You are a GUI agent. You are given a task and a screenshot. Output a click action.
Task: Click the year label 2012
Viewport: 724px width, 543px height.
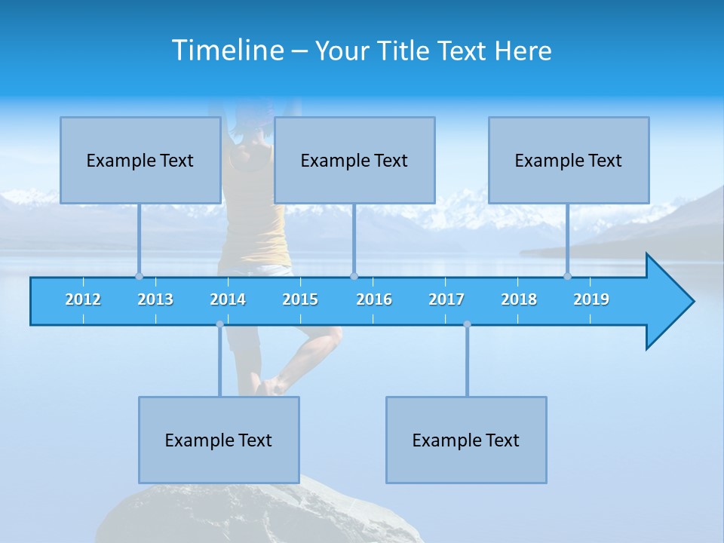83,299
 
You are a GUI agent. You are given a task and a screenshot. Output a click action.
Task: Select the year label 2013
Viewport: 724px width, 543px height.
155,299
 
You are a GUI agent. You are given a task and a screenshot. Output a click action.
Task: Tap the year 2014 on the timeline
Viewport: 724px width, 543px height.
228,299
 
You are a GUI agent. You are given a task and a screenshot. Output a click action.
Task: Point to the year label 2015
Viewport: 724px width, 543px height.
300,299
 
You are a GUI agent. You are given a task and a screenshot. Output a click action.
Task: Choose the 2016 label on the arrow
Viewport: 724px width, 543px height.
374,299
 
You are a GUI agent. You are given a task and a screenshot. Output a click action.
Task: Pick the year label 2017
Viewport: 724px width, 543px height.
446,299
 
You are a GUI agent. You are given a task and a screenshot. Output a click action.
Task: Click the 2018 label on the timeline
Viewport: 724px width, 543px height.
519,299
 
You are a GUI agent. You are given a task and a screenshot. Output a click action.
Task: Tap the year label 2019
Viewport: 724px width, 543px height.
591,299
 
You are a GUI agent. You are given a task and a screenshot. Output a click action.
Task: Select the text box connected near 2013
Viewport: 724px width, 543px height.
140,160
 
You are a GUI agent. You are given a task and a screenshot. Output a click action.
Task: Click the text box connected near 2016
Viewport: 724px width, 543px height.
354,160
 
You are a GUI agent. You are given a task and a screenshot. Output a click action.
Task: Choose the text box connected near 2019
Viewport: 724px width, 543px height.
569,160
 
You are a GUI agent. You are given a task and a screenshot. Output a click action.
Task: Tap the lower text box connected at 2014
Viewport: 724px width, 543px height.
219,440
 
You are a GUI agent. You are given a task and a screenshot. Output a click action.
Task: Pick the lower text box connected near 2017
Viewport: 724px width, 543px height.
466,440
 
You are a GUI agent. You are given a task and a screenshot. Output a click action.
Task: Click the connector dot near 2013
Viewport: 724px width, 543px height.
139,276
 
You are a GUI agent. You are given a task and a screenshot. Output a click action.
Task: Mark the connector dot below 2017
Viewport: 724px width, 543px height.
467,324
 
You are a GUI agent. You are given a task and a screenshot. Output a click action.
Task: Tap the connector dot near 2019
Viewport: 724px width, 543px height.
567,276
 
